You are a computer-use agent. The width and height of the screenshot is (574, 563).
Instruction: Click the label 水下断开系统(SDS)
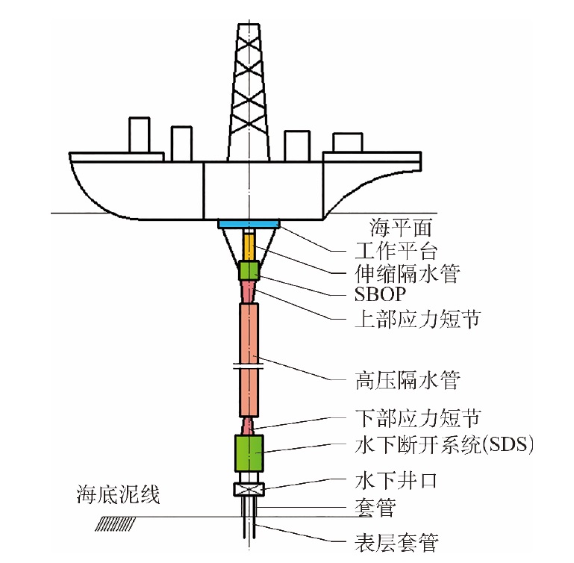[x=443, y=446]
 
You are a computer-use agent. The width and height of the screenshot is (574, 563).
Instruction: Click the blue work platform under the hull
[x=249, y=224]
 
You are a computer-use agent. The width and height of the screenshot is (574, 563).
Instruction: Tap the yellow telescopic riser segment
[x=249, y=245]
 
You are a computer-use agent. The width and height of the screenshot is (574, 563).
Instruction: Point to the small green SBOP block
[x=249, y=270]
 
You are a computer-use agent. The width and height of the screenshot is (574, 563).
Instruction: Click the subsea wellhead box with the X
[x=248, y=491]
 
